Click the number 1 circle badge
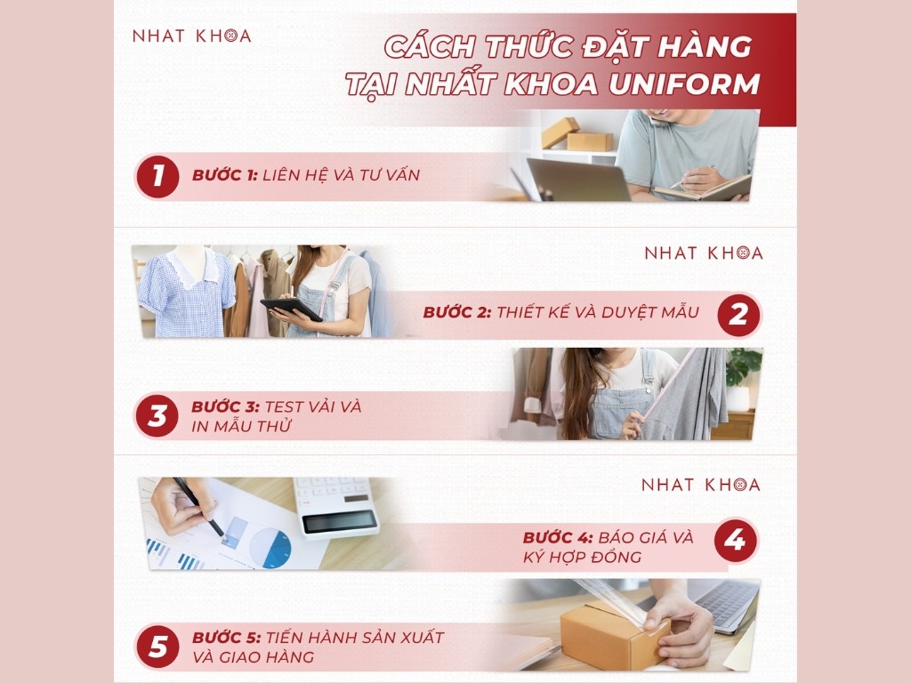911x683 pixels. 157,175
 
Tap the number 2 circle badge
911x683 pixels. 738,314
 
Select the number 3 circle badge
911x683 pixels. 157,416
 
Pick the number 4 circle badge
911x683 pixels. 736,541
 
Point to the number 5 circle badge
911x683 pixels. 157,647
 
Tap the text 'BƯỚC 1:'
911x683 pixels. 224,175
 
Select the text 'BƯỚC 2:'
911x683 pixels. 456,312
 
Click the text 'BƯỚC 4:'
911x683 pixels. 558,537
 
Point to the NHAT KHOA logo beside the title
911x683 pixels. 191,36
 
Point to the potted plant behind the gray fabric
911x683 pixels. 742,374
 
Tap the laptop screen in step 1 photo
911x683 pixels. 579,180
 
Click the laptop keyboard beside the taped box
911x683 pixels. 726,604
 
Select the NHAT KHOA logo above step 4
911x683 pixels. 701,485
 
